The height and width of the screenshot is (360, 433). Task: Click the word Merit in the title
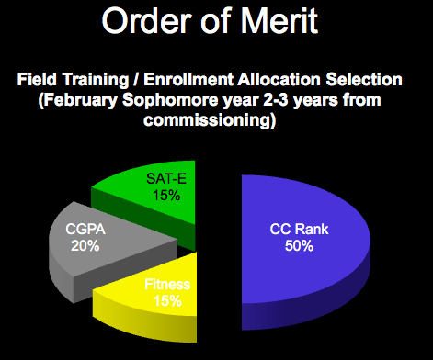click(285, 20)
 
